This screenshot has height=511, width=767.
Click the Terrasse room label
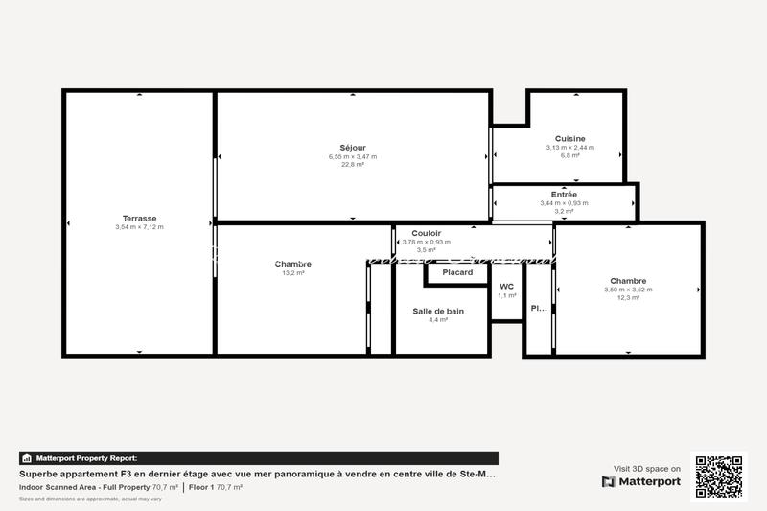[139, 218]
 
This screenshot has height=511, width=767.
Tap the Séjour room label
[353, 148]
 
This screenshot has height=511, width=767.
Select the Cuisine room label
[569, 139]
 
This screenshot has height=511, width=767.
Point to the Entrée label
[564, 195]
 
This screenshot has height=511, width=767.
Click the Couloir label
[426, 233]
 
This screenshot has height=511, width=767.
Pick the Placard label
[457, 272]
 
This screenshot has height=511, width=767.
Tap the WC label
[506, 287]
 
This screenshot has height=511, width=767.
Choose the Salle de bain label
[438, 311]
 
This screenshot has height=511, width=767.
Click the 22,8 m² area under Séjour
[353, 165]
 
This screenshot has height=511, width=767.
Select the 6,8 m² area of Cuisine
[569, 155]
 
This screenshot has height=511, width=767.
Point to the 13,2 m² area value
[292, 273]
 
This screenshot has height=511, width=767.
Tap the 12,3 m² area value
[628, 298]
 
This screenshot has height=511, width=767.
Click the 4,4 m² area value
[438, 320]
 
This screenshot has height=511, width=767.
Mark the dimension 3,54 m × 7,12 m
[139, 227]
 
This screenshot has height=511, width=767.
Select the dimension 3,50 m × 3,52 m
[628, 290]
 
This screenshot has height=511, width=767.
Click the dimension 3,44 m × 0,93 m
[564, 203]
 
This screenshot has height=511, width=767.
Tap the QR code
[718, 476]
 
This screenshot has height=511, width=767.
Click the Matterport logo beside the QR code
[641, 481]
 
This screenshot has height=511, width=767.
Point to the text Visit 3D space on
[647, 469]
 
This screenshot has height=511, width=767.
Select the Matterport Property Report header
[86, 458]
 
